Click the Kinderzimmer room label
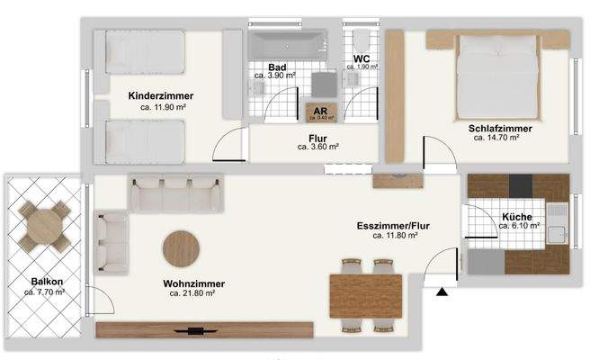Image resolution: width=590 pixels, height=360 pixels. coord(161,95)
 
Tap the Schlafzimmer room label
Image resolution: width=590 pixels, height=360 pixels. coord(500,129)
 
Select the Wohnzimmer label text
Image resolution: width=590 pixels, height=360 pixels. coord(194,283)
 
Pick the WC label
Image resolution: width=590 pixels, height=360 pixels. coord(362,58)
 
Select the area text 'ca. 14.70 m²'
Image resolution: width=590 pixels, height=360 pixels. coord(500,139)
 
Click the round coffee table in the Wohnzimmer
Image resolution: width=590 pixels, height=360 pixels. coord(182,248)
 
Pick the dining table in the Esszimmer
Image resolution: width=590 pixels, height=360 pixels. coord(365,295)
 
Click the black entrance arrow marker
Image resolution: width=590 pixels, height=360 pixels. coord(441,290)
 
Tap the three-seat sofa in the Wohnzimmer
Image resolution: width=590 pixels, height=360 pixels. coord(176,193)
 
